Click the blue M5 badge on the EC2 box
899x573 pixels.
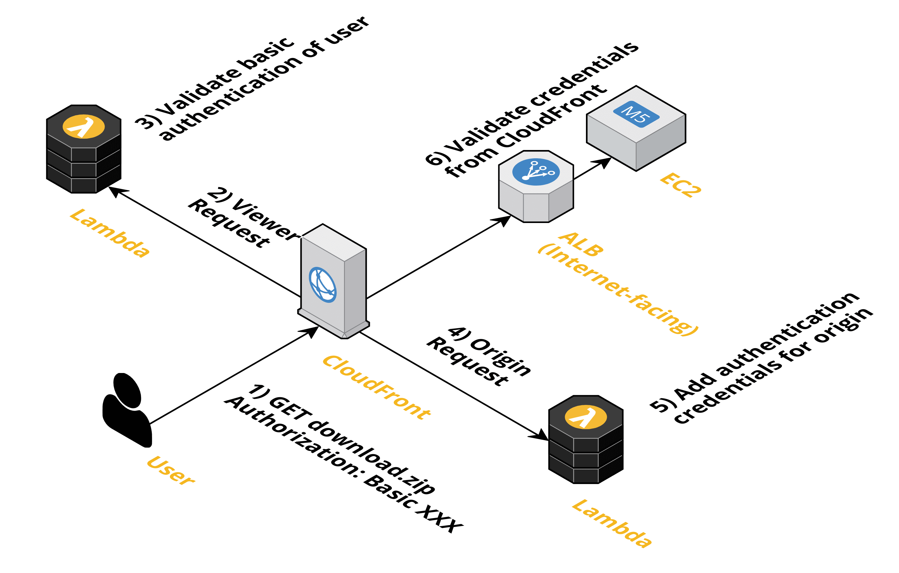coord(636,114)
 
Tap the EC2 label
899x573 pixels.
coord(680,185)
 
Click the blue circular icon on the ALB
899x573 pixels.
coord(536,172)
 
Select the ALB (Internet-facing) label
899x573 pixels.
coord(618,284)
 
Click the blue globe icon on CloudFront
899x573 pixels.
coord(323,285)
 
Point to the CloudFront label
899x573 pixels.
coord(377,387)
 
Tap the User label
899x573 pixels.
coord(171,470)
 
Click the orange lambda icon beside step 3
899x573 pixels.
coord(84,127)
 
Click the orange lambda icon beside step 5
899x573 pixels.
coord(585,417)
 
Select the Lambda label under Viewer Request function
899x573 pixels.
coord(109,233)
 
